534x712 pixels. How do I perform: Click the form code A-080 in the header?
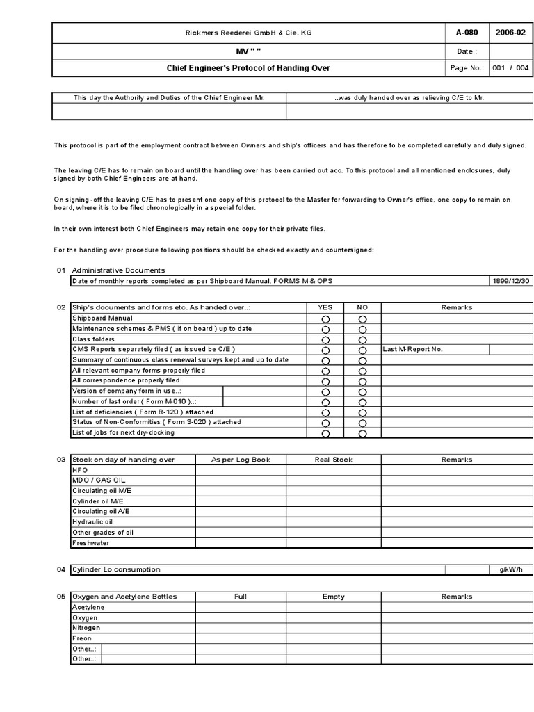[x=467, y=32]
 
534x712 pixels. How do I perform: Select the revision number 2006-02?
[x=510, y=32]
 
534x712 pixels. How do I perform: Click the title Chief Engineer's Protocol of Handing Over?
[x=248, y=68]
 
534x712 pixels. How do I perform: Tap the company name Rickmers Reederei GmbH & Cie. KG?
[x=248, y=32]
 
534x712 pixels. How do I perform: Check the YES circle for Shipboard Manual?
[x=325, y=318]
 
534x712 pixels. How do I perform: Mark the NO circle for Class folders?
[x=362, y=339]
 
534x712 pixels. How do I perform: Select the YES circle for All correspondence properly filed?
[x=325, y=381]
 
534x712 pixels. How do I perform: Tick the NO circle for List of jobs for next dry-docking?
[x=362, y=433]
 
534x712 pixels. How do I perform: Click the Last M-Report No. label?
[x=413, y=349]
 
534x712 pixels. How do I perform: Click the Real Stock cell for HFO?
[x=333, y=470]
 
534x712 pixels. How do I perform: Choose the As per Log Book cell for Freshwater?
[x=241, y=543]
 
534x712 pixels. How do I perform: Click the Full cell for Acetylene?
[x=241, y=607]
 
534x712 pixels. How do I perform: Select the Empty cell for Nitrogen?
[x=333, y=628]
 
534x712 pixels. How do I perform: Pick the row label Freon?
[x=82, y=638]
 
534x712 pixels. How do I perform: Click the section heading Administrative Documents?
[x=119, y=270]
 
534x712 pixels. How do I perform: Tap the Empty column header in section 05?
[x=333, y=597]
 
